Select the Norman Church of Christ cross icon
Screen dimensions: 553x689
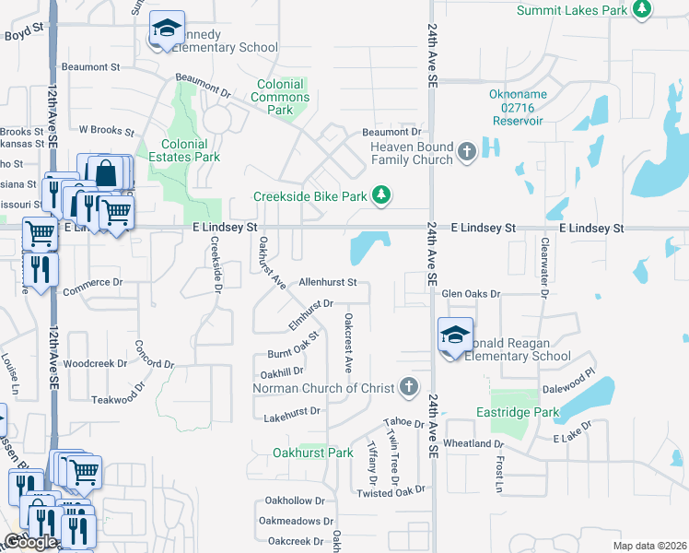click(x=410, y=388)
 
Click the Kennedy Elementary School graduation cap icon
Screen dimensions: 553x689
click(x=166, y=29)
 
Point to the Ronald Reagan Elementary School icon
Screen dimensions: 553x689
click(x=455, y=336)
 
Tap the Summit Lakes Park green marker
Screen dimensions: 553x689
click(x=642, y=10)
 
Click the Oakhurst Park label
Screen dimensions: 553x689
click(x=313, y=453)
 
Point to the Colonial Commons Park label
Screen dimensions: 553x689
click(x=281, y=97)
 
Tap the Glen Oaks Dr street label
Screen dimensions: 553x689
click(x=470, y=294)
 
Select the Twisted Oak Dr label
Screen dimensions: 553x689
click(x=388, y=493)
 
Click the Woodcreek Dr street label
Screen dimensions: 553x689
click(x=96, y=363)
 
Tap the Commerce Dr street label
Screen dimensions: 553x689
click(x=92, y=287)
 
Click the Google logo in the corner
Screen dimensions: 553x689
click(x=30, y=542)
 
